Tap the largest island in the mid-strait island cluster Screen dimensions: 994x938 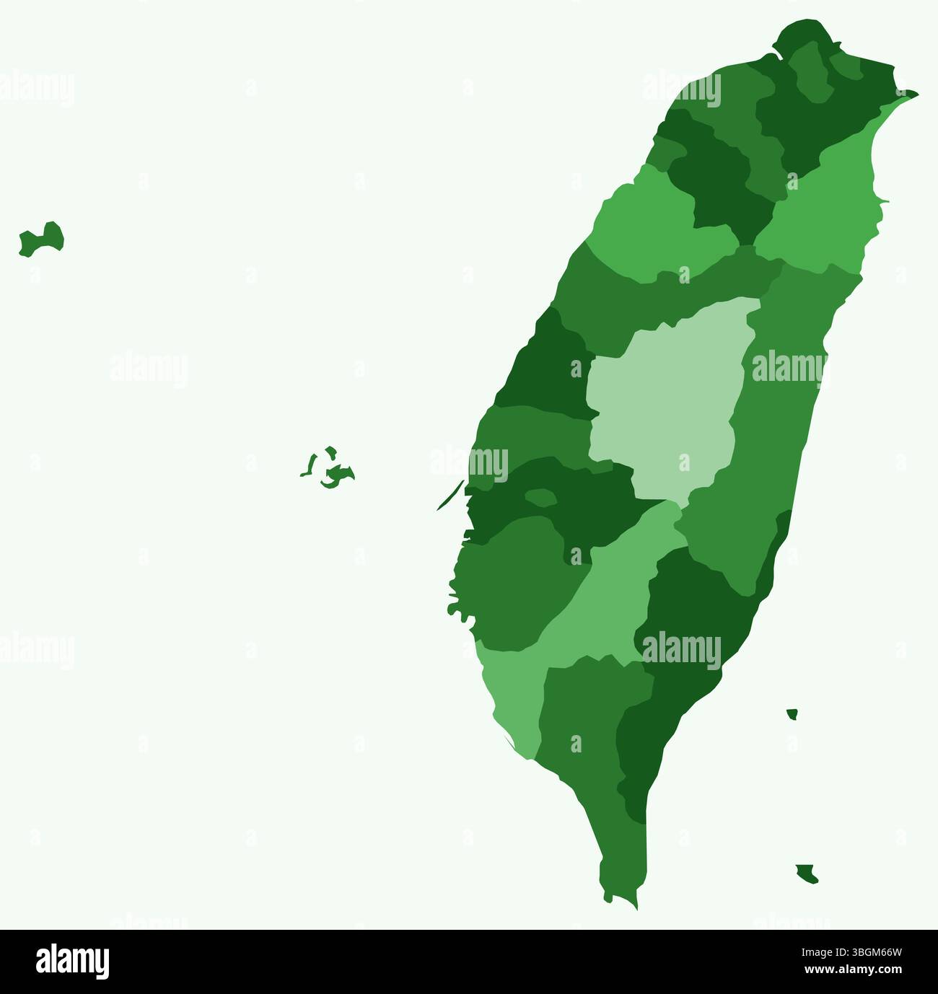[336, 474]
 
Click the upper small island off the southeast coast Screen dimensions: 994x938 [792, 714]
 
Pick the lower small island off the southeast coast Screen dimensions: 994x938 [807, 874]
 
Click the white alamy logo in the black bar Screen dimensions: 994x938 [72, 961]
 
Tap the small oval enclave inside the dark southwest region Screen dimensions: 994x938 [540, 497]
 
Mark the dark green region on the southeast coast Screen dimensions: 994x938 [693, 613]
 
